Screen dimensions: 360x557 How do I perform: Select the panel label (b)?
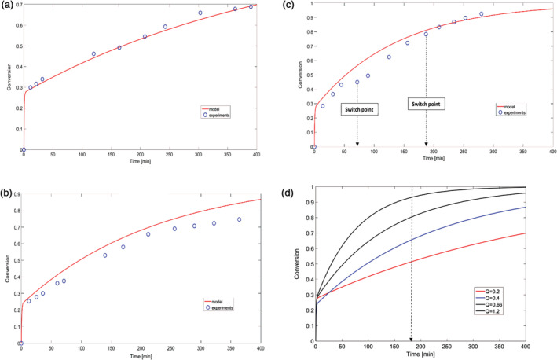(8, 192)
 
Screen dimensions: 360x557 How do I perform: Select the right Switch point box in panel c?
(428, 103)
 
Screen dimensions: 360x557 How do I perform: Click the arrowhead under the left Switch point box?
(357, 143)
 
